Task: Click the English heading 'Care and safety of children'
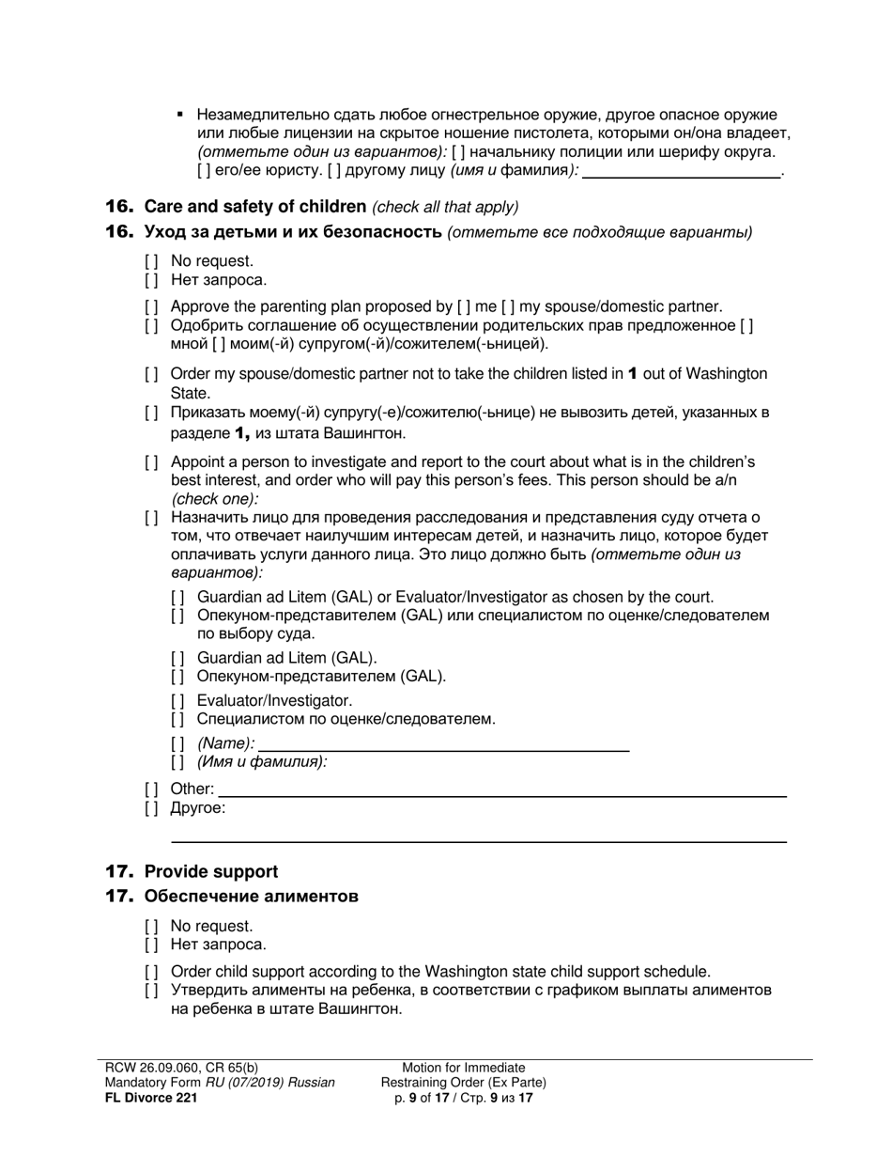point(254,207)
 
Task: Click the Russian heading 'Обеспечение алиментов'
point(251,897)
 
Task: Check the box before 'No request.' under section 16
point(151,261)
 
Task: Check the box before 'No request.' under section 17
point(151,927)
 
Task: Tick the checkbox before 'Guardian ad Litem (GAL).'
point(177,658)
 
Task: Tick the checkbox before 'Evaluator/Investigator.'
point(177,701)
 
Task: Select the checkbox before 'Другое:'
point(151,808)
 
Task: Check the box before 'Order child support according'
point(151,972)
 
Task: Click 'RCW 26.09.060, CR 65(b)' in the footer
point(181,1068)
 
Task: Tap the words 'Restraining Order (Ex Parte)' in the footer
point(464,1083)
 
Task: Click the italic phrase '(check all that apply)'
point(445,208)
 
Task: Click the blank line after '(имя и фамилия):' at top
point(682,171)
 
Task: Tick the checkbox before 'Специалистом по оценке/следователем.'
point(177,720)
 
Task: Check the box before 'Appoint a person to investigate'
point(151,462)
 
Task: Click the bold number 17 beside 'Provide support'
point(120,872)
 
